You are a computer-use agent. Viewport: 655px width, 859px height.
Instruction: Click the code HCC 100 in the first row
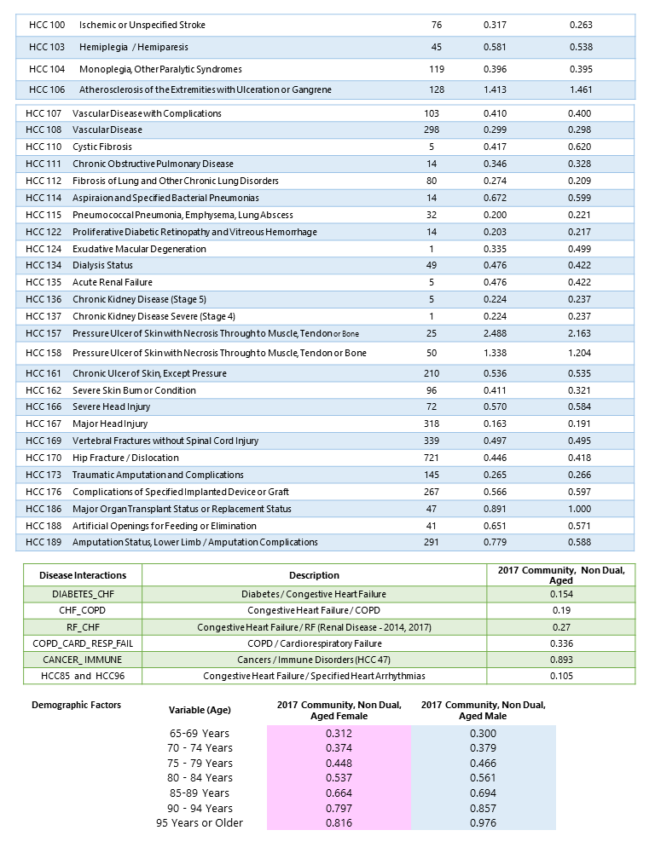coord(46,25)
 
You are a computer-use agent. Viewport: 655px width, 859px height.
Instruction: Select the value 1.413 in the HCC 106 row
coord(495,89)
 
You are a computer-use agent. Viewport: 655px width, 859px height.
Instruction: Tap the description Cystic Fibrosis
coord(102,147)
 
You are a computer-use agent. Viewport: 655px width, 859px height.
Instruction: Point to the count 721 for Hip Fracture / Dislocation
coord(432,458)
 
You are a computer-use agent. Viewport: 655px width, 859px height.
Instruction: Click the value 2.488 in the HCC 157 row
coord(495,332)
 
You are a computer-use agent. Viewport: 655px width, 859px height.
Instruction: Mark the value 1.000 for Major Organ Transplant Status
coord(580,509)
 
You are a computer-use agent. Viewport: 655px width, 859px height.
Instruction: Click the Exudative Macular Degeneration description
coord(139,249)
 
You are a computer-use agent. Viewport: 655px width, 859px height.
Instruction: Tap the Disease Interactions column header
coord(78,575)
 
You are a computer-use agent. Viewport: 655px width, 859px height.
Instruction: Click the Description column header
coord(314,575)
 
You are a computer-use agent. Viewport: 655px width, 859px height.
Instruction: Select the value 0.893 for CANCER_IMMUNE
coord(559,660)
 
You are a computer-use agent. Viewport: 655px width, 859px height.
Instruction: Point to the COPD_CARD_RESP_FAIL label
coord(82,643)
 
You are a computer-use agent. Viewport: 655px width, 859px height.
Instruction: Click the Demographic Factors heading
coord(76,705)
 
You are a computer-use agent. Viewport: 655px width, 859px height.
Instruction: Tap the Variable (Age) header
coord(200,710)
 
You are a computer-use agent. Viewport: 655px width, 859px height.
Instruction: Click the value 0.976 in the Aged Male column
coord(483,823)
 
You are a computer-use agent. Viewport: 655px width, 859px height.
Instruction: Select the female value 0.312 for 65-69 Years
coord(339,733)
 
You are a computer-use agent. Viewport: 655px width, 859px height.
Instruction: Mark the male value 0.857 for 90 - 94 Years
coord(483,808)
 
